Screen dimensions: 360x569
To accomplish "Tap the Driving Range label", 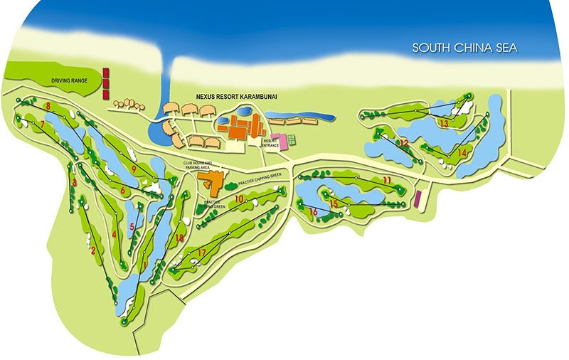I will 70,81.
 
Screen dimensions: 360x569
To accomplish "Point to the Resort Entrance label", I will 270,142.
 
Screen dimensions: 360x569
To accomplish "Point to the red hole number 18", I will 179,238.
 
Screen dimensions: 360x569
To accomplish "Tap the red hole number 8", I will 47,107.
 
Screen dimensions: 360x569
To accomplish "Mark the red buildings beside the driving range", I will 105,83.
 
